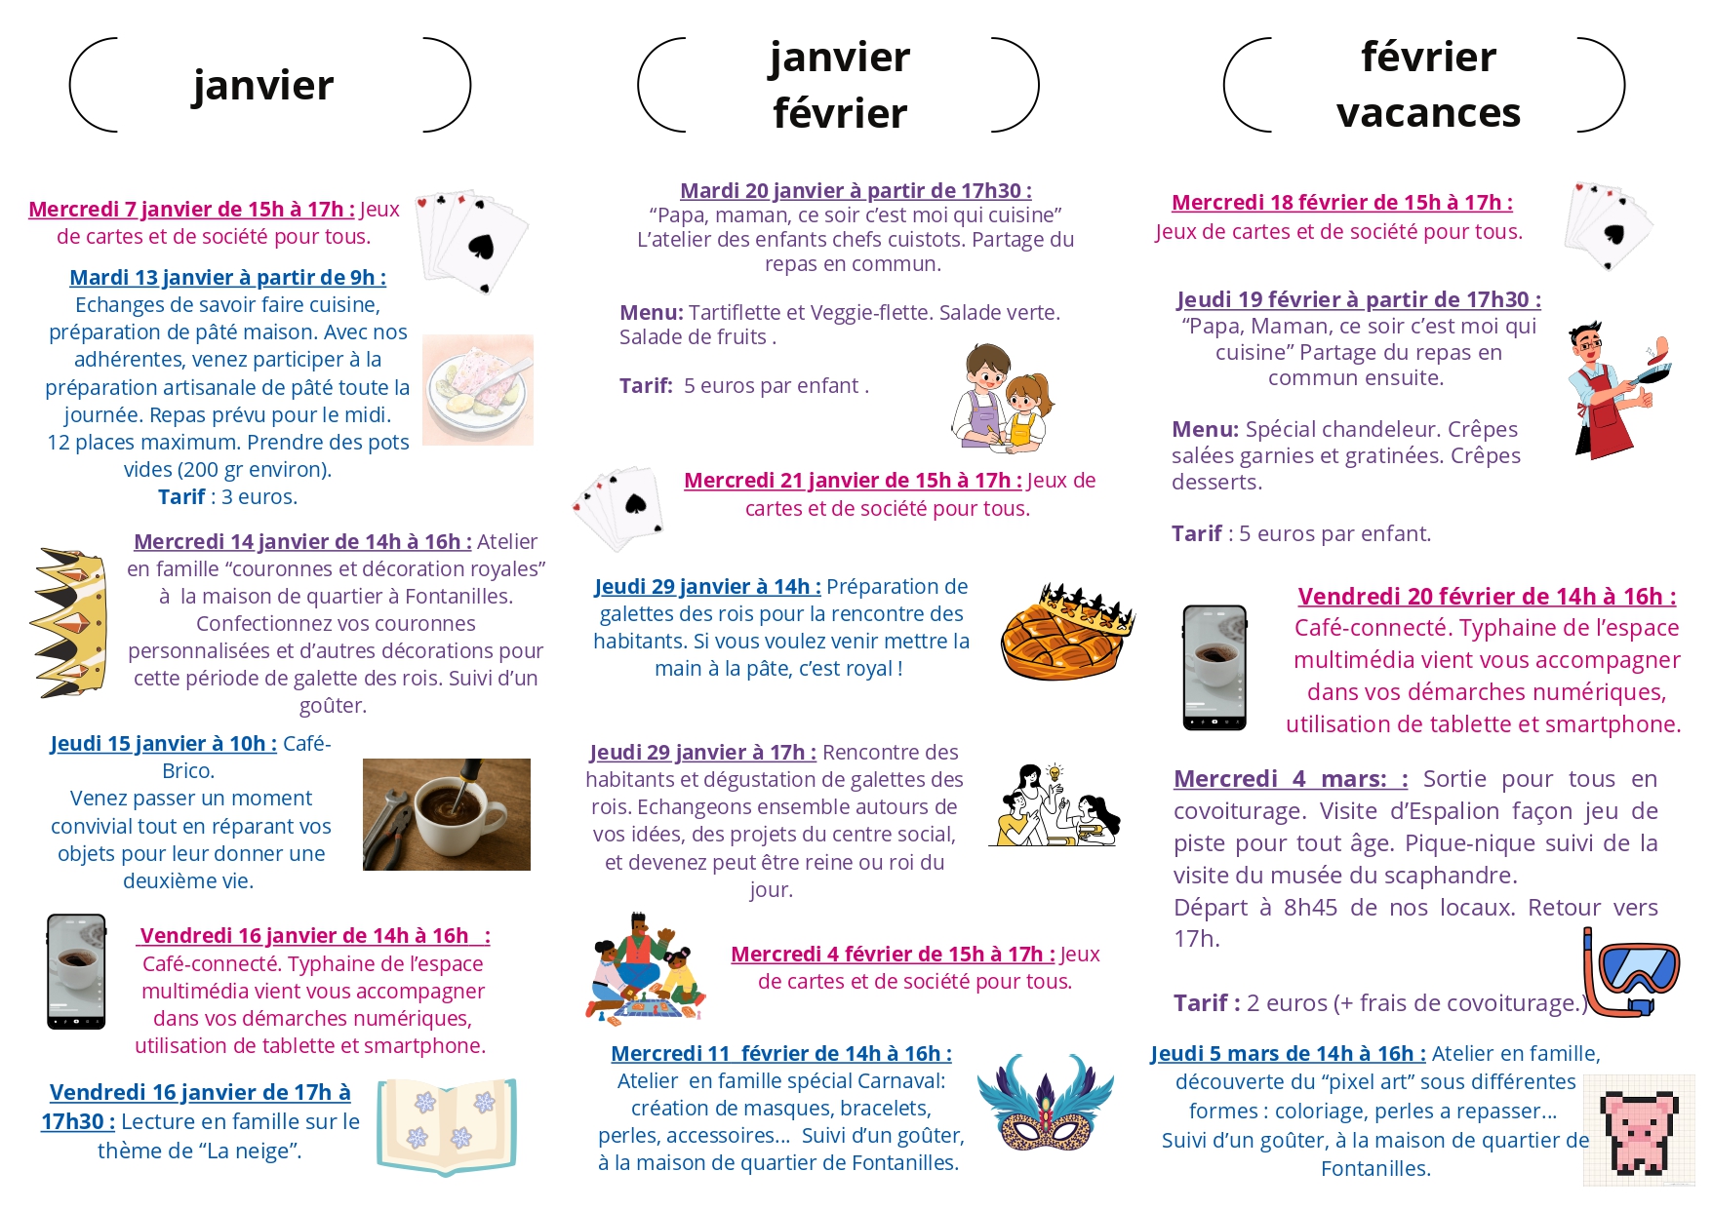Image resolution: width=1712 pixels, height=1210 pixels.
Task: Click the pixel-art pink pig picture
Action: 1639,1131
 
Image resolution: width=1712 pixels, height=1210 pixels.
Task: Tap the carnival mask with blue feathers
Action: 1046,1103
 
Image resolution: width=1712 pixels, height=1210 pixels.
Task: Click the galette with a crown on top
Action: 1065,631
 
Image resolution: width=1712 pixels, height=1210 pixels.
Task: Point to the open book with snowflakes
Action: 447,1125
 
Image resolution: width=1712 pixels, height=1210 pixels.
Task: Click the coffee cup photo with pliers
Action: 447,814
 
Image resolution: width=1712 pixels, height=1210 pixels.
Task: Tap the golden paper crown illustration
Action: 70,622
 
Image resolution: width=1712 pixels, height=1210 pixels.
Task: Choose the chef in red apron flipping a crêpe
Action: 1614,390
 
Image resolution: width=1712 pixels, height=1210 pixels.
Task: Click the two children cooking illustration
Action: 1002,398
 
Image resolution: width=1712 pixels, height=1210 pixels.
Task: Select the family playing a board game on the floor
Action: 645,968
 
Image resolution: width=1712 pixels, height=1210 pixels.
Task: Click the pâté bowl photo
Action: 478,390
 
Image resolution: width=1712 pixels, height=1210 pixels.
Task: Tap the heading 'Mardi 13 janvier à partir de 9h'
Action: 227,278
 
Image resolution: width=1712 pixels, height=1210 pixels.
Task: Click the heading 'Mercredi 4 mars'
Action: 1290,779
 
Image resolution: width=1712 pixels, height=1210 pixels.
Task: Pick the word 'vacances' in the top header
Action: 1428,113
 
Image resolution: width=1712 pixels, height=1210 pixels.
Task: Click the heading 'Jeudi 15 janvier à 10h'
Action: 163,744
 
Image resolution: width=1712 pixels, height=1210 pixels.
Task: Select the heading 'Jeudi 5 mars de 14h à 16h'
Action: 1288,1054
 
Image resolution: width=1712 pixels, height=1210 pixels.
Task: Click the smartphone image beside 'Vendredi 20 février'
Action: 1214,668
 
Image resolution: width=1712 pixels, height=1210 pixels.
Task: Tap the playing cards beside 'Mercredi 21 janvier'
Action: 617,507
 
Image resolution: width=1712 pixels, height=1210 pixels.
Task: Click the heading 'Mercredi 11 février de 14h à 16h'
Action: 780,1054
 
